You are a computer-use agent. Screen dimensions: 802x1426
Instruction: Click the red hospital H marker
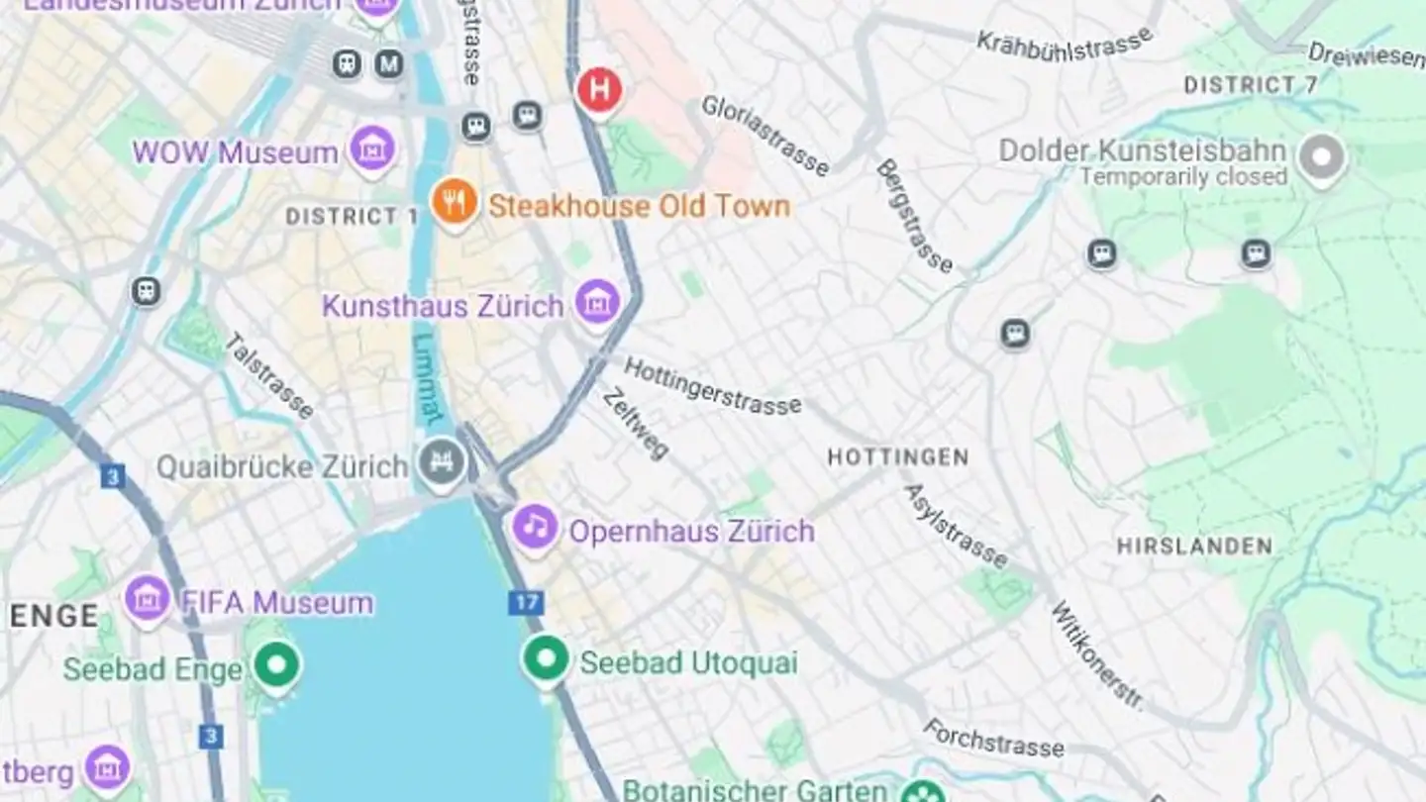599,90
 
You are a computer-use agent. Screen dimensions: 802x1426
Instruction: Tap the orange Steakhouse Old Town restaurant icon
454,203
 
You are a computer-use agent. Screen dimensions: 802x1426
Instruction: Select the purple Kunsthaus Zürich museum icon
597,301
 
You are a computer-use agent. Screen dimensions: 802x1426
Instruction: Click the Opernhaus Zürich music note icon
536,527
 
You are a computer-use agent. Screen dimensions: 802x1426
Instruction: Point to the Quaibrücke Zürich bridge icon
442,462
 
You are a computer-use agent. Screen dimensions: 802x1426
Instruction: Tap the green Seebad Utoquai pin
546,658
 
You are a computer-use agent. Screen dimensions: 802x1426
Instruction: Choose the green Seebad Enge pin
276,665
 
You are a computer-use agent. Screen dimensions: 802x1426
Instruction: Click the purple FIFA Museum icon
148,598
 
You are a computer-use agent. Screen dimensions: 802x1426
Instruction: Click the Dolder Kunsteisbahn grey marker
1322,156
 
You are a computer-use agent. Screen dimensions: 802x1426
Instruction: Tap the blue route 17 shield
526,602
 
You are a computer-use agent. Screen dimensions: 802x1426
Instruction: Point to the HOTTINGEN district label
897,457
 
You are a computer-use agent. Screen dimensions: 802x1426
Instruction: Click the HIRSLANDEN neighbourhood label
1194,547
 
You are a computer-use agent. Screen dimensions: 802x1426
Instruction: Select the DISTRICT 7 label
1251,85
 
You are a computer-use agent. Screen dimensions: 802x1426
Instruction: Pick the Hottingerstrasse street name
712,386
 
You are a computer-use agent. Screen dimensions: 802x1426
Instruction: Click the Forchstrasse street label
994,738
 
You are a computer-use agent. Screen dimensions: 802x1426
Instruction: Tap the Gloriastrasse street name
764,136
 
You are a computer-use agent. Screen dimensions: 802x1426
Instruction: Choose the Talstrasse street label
269,376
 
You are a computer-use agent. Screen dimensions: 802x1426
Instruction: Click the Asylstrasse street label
956,526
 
